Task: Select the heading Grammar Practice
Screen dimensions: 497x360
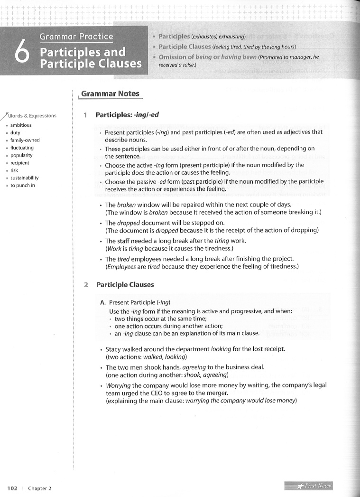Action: click(76, 37)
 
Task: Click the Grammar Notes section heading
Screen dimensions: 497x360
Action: click(110, 94)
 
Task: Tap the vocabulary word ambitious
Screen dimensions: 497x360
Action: click(21, 125)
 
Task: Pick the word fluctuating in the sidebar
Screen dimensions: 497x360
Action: click(22, 148)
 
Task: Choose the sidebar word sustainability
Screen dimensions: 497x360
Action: click(24, 178)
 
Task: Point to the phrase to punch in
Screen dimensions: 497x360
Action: click(23, 186)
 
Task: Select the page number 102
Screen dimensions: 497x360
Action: click(12, 488)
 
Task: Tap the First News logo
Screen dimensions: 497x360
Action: click(309, 486)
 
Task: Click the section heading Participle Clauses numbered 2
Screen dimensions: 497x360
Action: click(125, 285)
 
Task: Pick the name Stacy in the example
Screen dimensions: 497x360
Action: click(114, 349)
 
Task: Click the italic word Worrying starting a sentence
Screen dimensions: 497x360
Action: click(118, 385)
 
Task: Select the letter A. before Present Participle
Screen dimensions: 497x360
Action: click(102, 302)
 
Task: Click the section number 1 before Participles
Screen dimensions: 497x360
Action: click(85, 115)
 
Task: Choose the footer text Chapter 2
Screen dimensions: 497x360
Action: click(39, 488)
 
